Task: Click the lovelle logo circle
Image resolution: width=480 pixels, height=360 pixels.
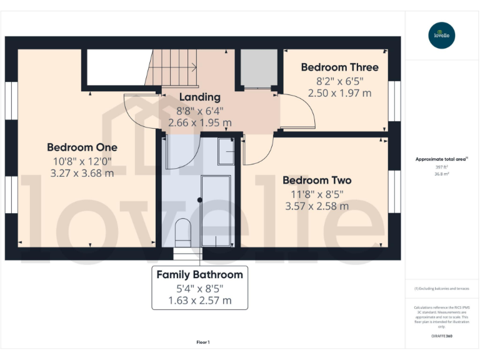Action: [442, 35]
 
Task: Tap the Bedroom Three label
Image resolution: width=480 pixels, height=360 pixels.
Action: [339, 67]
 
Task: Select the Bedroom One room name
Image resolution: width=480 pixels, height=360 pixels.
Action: [82, 147]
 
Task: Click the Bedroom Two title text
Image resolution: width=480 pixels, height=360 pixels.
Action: [317, 180]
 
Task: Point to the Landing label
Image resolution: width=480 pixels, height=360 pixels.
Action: [200, 97]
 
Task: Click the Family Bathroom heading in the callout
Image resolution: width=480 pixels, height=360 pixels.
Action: [199, 274]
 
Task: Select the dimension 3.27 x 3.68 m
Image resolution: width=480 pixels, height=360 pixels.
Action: [82, 173]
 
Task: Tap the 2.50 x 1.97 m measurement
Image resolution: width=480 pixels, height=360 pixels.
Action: [339, 93]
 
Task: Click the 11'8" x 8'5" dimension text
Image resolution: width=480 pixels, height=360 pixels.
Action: [317, 193]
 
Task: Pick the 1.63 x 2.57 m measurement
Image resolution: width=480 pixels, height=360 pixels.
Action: [199, 301]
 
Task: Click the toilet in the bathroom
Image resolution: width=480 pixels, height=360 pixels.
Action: [182, 231]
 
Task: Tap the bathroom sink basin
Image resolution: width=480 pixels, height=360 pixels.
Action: [226, 151]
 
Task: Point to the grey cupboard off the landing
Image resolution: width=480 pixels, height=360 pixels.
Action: [256, 67]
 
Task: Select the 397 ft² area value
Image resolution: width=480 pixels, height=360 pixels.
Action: [442, 167]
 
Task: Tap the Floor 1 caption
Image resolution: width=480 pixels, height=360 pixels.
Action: [203, 342]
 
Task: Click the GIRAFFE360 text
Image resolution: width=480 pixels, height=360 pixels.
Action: [442, 337]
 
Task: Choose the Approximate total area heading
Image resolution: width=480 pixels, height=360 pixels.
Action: [441, 159]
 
